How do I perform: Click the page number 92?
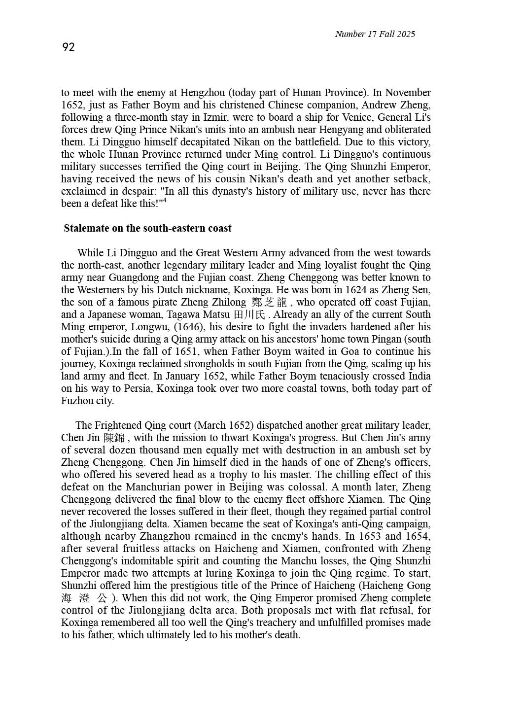(x=69, y=47)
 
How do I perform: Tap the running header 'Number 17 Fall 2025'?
(x=375, y=34)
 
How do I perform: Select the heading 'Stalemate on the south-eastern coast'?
(x=147, y=228)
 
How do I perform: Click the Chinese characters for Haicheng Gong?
(x=84, y=598)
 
